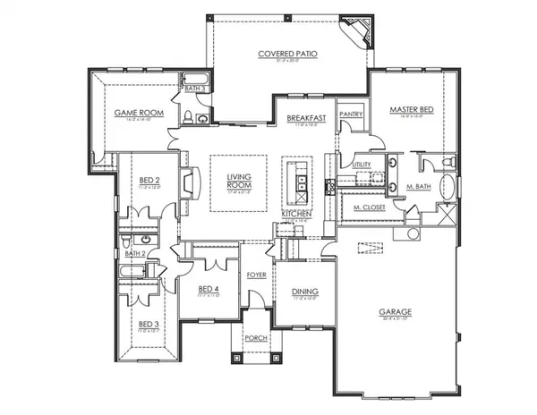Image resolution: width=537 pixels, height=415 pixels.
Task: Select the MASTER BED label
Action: [x=411, y=109]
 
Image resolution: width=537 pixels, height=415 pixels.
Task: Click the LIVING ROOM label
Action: [x=239, y=181]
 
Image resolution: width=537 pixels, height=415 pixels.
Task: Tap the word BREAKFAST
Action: [x=305, y=118]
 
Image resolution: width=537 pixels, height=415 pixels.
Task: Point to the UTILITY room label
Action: [x=362, y=165]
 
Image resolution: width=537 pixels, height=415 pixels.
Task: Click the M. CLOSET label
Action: [x=369, y=207]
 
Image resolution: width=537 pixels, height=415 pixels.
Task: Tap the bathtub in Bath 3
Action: [x=195, y=78]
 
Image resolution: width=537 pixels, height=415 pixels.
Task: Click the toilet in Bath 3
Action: [x=187, y=115]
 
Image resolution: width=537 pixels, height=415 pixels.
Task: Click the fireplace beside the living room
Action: [x=189, y=183]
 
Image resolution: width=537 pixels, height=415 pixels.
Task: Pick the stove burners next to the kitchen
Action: [x=329, y=185]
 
